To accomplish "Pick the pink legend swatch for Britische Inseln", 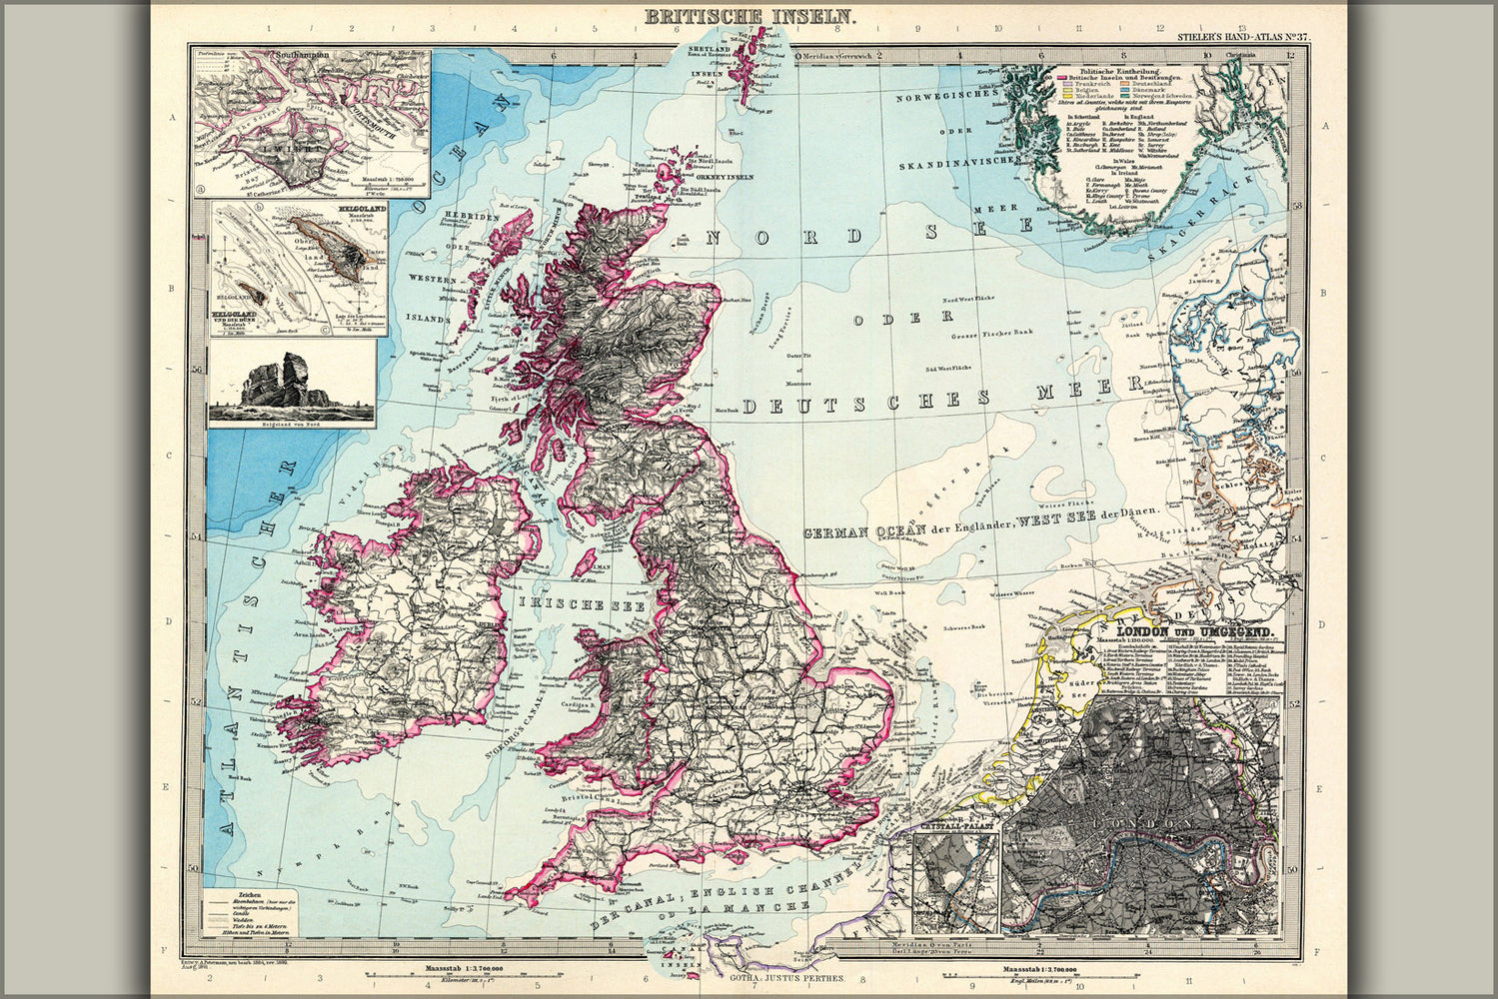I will click(x=1062, y=76).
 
